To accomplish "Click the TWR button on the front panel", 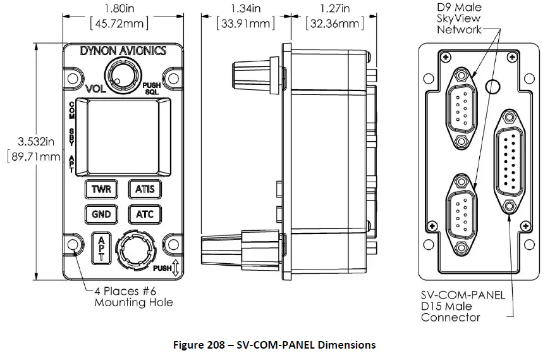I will click(x=101, y=189).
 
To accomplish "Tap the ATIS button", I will click(x=145, y=189).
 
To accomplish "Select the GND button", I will click(x=101, y=214).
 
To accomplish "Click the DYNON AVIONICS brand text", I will click(x=123, y=51).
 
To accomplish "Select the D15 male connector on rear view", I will click(x=511, y=162).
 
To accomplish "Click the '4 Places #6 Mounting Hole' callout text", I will click(x=133, y=297).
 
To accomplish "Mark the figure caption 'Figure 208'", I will click(x=274, y=345).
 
